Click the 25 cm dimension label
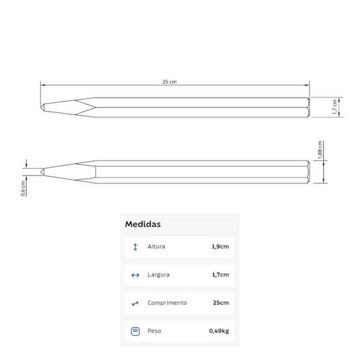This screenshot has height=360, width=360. pos(169,82)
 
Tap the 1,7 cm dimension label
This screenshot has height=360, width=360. pos(335,107)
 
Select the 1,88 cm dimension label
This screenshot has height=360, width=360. pos(320,150)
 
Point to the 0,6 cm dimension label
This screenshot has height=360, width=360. pos(23,188)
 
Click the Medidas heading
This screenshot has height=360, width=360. pos(143,224)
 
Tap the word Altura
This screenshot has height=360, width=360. pos(156,246)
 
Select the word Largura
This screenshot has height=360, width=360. pos(158,275)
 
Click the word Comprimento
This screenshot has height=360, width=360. pos(167,303)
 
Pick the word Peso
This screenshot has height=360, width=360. pos(155,331)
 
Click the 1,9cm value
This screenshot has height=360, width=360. pos(220,246)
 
